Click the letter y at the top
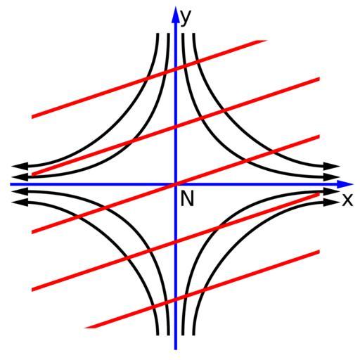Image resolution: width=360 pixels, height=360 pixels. click(x=186, y=18)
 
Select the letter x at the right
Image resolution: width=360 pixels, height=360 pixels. click(x=347, y=200)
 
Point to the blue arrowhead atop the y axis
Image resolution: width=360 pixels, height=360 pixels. click(x=175, y=15)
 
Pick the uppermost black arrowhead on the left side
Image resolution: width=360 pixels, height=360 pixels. click(x=20, y=166)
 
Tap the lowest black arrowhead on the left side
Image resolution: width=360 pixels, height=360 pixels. click(x=20, y=202)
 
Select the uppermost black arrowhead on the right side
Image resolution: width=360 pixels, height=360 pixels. click(x=331, y=166)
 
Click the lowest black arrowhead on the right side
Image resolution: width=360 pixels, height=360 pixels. click(x=331, y=202)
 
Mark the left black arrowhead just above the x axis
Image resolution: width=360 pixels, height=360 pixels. click(x=20, y=177)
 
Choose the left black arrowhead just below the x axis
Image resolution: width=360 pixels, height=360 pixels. click(x=20, y=191)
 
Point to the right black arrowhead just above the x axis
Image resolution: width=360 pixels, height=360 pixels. click(x=331, y=177)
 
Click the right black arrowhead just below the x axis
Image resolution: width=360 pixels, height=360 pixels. click(x=331, y=191)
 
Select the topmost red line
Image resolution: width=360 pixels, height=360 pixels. click(x=149, y=79)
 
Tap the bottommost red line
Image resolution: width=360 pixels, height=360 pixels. click(x=202, y=290)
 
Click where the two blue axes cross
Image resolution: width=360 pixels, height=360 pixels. click(x=176, y=184)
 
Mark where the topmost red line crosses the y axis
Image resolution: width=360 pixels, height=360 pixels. click(x=176, y=69)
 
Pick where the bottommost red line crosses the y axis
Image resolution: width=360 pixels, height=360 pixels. click(x=176, y=299)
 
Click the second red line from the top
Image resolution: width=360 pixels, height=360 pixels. click(x=176, y=127)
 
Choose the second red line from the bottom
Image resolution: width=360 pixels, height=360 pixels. click(x=176, y=242)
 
